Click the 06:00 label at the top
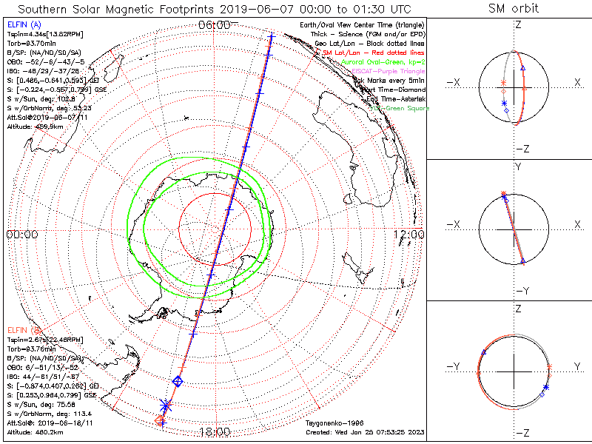(x=214, y=25)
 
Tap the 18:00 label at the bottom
(x=214, y=431)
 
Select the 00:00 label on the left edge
(x=21, y=235)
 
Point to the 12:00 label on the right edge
(x=409, y=235)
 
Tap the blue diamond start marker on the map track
(x=178, y=381)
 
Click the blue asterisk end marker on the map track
(x=166, y=405)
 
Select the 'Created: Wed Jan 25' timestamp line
(x=365, y=431)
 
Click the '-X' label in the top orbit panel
(x=453, y=81)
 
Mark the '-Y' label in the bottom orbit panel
(x=453, y=366)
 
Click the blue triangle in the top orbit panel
(x=523, y=68)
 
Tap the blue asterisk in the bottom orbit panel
(x=546, y=387)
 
